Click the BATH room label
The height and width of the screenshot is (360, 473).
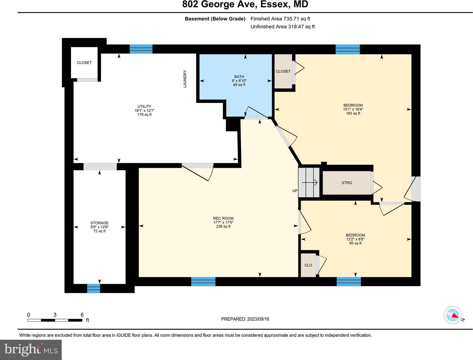pyautogui.click(x=239, y=77)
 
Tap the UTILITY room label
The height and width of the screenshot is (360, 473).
pyautogui.click(x=144, y=106)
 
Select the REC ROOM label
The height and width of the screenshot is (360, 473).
pyautogui.click(x=223, y=218)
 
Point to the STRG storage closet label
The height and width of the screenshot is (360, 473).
pyautogui.click(x=347, y=183)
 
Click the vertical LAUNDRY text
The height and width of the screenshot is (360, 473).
pyautogui.click(x=185, y=79)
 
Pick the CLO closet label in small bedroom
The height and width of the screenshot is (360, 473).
pyautogui.click(x=308, y=265)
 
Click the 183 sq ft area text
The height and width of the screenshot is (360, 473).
pyautogui.click(x=353, y=113)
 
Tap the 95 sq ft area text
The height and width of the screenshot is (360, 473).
pyautogui.click(x=355, y=243)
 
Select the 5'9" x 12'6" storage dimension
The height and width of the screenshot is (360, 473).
pyautogui.click(x=99, y=227)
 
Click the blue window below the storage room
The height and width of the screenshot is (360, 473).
pyautogui.click(x=94, y=288)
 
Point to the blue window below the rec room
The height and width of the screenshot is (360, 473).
pyautogui.click(x=203, y=282)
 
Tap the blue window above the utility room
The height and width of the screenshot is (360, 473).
pyautogui.click(x=141, y=49)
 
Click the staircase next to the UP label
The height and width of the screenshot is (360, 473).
pyautogui.click(x=309, y=183)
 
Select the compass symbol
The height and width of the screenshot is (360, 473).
pyautogui.click(x=452, y=315)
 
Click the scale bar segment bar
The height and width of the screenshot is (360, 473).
pyautogui.click(x=55, y=320)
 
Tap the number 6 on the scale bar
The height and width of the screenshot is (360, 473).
pyautogui.click(x=82, y=315)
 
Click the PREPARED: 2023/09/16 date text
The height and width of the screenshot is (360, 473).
pyautogui.click(x=245, y=319)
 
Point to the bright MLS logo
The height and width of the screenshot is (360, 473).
pyautogui.click(x=31, y=350)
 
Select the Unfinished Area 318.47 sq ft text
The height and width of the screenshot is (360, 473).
pyautogui.click(x=283, y=27)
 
